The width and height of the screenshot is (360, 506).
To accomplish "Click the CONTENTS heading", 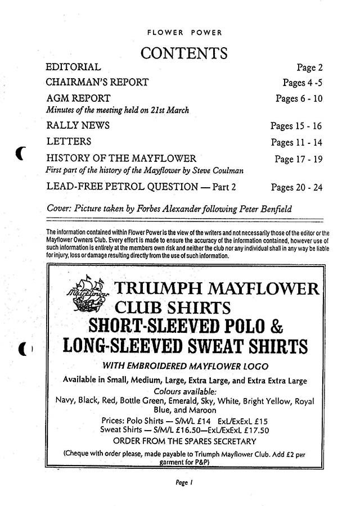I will coord(184,53).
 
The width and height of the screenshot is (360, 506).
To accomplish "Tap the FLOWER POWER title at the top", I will coord(184,33).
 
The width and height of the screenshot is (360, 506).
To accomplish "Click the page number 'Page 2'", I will coord(309,68).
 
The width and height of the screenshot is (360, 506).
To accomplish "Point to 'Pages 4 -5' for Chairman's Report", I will coord(303,83).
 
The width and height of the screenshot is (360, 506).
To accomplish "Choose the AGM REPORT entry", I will coord(78,97).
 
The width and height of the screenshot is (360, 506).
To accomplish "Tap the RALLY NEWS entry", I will coord(78,125).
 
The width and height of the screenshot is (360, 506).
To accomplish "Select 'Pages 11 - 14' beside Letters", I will coord(296,142).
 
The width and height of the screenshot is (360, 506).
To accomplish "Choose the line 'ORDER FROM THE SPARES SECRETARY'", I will coord(184,441).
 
